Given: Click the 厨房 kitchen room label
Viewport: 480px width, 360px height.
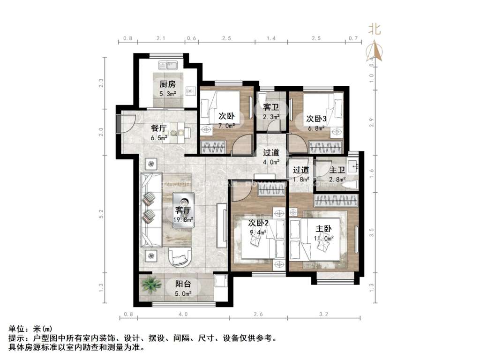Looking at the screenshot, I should pyautogui.click(x=167, y=84).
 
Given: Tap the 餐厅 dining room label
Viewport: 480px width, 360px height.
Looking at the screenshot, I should pyautogui.click(x=159, y=128).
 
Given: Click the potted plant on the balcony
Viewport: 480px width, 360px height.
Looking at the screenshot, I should pyautogui.click(x=150, y=285).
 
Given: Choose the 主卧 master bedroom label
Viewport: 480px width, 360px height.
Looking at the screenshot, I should pyautogui.click(x=323, y=229).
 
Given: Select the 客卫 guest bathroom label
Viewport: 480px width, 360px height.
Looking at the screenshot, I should pyautogui.click(x=271, y=107).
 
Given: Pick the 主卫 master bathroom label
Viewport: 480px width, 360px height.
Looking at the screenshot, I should pyautogui.click(x=337, y=170).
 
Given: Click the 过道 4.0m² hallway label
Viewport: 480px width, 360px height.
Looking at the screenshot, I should pyautogui.click(x=271, y=152).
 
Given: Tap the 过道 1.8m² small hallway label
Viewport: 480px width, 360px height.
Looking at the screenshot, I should pyautogui.click(x=301, y=170).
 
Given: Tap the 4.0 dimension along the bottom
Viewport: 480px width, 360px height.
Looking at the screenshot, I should pyautogui.click(x=183, y=314).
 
